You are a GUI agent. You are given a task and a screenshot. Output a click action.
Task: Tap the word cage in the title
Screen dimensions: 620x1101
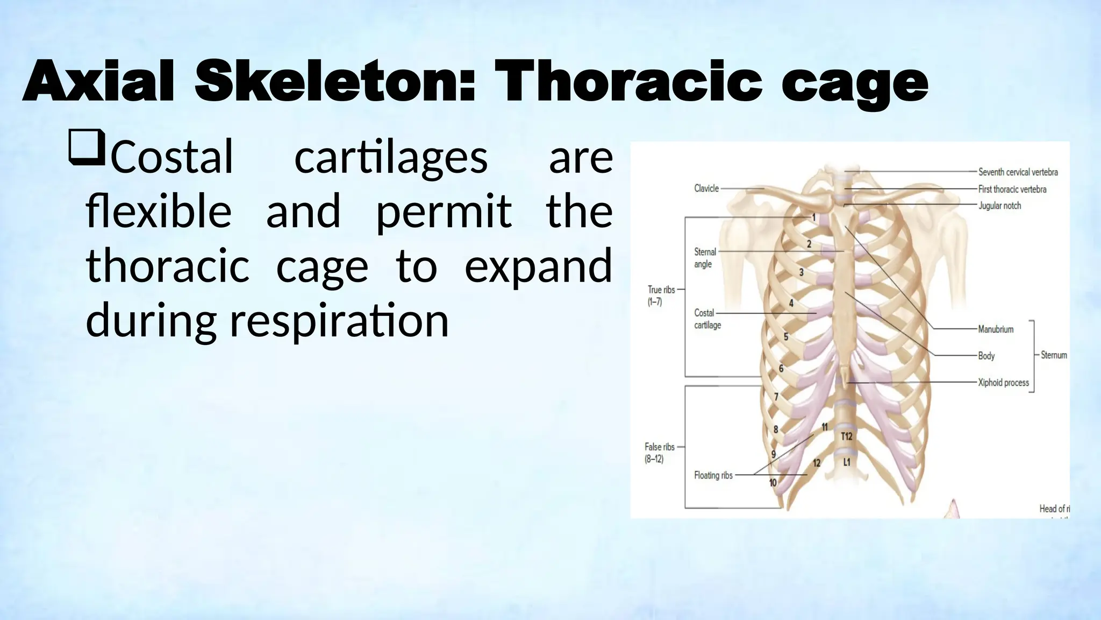tap(854, 84)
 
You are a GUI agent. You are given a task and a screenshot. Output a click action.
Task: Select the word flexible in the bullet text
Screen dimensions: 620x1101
tap(159, 211)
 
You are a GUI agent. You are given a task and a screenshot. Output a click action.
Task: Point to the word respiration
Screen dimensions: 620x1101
tap(339, 321)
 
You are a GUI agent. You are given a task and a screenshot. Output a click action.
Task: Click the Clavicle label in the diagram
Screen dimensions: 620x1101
tap(706, 188)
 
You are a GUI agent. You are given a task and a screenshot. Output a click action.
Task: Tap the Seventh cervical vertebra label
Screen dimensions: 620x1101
tap(1018, 172)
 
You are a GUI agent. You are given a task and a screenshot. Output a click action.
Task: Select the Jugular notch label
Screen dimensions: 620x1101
tap(999, 206)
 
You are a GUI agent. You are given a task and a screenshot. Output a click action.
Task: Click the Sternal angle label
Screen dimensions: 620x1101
tap(704, 258)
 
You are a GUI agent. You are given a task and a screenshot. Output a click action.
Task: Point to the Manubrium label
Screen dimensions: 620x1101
tap(996, 329)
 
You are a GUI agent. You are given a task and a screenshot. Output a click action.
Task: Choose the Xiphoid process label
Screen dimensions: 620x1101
tap(1003, 383)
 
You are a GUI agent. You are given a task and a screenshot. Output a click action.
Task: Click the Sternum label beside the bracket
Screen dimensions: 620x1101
tap(1054, 355)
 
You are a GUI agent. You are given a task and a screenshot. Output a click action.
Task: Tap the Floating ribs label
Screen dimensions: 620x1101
tap(713, 475)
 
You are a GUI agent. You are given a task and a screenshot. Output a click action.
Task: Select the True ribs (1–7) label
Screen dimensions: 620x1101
tap(661, 295)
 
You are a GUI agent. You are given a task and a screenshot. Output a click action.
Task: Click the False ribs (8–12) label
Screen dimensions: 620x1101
tap(659, 453)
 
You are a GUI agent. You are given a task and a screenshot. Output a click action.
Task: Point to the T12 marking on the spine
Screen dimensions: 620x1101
tap(846, 436)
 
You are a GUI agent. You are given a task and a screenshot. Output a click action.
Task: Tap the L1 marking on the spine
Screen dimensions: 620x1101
tap(847, 462)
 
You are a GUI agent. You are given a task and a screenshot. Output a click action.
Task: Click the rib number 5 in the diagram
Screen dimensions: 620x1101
tap(786, 337)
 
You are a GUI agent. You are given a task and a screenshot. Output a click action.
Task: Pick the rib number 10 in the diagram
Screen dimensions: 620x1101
tap(773, 483)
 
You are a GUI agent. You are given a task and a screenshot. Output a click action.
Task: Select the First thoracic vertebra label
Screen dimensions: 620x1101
tap(1012, 189)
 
